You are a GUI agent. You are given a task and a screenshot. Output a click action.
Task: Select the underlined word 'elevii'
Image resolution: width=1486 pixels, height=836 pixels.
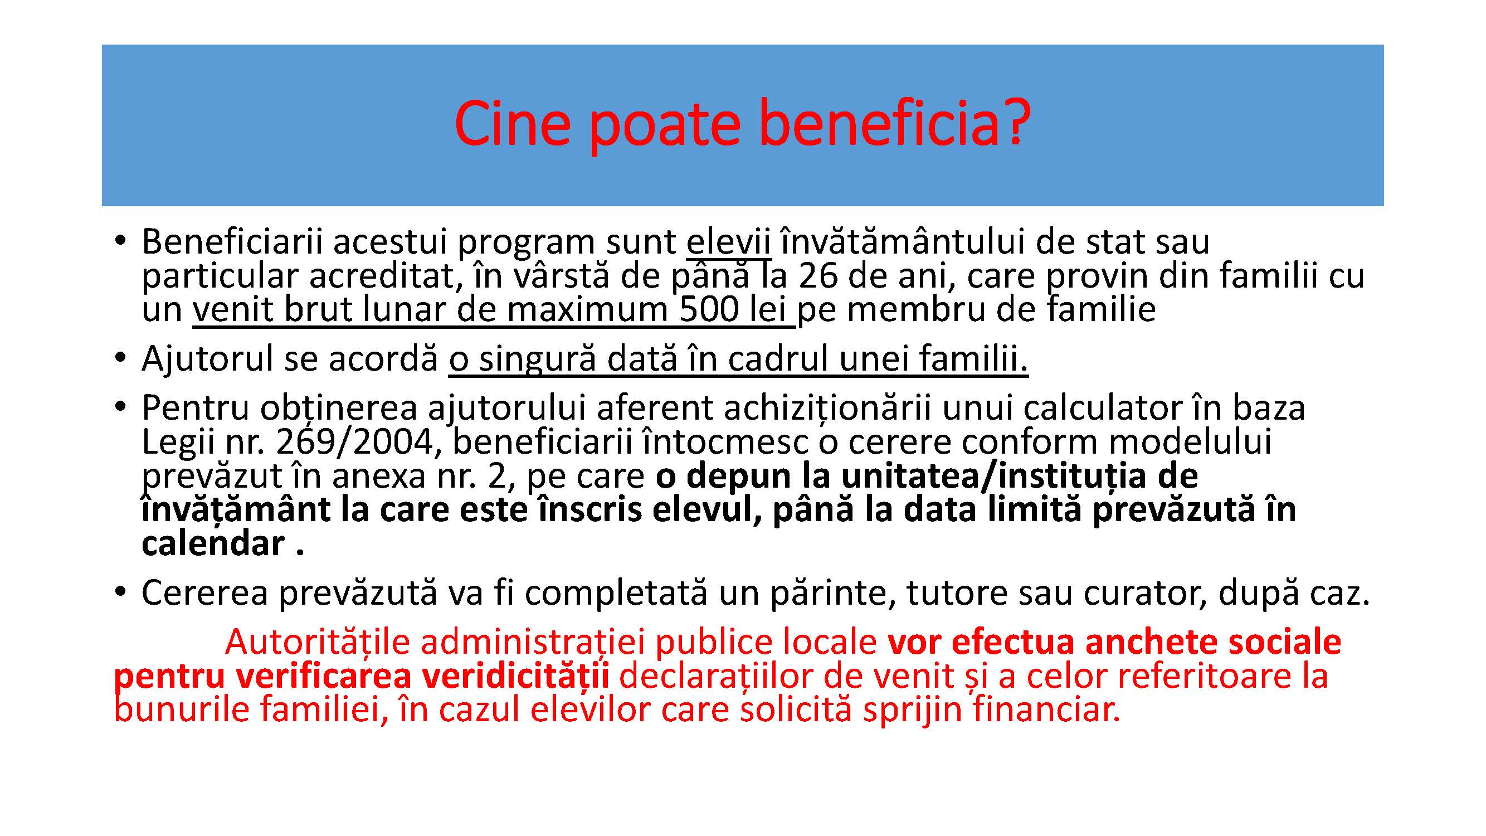(729, 242)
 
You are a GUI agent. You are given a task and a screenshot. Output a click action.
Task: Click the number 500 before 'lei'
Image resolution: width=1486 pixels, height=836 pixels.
(709, 310)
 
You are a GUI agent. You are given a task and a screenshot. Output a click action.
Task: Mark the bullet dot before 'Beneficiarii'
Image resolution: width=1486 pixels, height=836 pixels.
(120, 242)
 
